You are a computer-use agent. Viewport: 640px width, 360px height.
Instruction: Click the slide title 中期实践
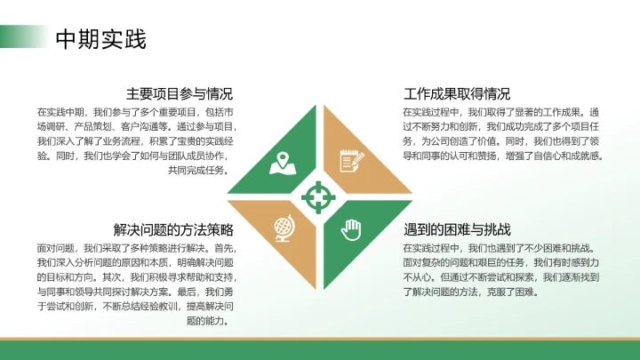point(100,39)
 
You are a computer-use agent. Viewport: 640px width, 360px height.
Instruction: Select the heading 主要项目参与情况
point(180,93)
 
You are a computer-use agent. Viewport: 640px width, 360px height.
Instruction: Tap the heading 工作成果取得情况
point(457,93)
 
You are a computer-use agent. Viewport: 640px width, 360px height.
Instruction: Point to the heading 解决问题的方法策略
point(173,229)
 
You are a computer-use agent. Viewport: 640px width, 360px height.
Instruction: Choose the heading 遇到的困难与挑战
point(457,229)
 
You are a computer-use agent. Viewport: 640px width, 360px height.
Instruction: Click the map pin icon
point(284,162)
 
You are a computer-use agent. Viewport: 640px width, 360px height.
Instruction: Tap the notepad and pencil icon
point(351,161)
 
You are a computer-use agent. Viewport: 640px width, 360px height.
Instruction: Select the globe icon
point(284,228)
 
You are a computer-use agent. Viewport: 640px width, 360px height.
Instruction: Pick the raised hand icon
point(351,228)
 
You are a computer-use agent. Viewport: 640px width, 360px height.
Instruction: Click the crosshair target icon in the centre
point(317,194)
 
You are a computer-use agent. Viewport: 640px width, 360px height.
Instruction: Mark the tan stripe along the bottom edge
point(320,340)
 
